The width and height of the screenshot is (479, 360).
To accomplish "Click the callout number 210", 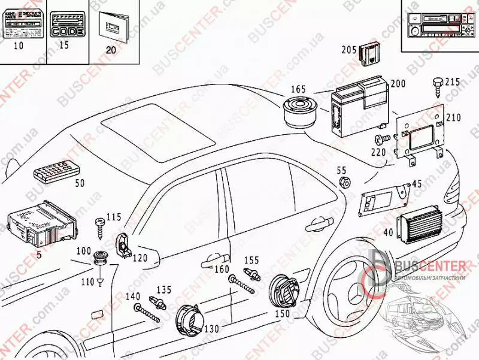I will coord(453,117).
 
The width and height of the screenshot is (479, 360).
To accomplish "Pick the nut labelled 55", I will coord(344,182).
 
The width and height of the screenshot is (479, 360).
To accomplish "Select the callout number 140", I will coord(133,296).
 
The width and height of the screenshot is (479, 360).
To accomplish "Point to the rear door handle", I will coord(320,225).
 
